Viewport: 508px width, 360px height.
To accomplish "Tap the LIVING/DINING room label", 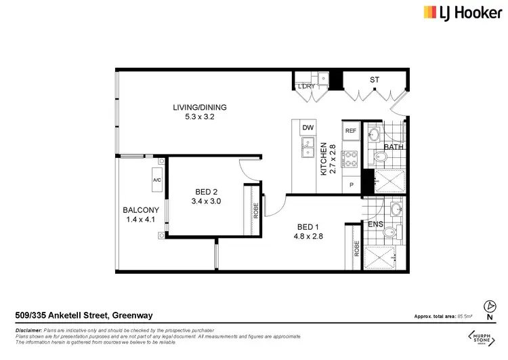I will coord(199,107).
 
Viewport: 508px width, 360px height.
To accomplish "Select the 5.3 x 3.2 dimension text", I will coord(199,117).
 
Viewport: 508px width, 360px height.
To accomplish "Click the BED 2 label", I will coord(207,192).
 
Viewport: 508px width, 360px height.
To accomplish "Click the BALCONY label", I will coord(141,210).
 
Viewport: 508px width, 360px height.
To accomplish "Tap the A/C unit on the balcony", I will coord(156,180).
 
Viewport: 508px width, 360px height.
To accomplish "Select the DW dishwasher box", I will coord(308,127).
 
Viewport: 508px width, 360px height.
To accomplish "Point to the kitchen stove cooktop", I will coord(351,159).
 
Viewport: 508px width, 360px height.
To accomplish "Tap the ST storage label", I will coord(375,80).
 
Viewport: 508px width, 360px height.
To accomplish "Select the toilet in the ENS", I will coord(389,233).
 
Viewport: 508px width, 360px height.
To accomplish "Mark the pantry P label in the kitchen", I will coord(351,184).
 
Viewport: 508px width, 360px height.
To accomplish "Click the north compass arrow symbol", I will coord(490,306).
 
